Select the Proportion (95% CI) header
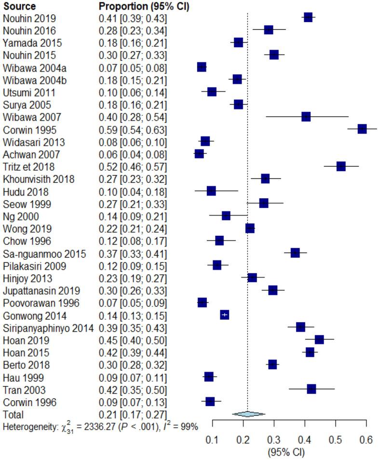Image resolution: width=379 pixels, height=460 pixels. pos(144,6)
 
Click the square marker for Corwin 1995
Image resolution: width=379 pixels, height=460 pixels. pos(362,129)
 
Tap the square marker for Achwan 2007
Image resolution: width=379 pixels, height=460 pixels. pos(199,154)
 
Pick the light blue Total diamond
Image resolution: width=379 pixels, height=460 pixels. pos(248,414)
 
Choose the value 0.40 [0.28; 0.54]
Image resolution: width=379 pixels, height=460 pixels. pos(130,117)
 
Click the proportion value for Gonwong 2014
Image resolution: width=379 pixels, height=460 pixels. pos(130,315)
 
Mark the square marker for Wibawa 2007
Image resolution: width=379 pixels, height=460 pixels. pos(306,117)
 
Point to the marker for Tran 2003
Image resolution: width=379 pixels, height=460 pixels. pos(311,389)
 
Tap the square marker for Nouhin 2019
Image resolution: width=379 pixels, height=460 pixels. pos(308,18)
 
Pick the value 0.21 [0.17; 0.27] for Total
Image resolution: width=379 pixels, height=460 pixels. pos(130,414)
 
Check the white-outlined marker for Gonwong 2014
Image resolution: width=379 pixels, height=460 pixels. pos(224,315)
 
